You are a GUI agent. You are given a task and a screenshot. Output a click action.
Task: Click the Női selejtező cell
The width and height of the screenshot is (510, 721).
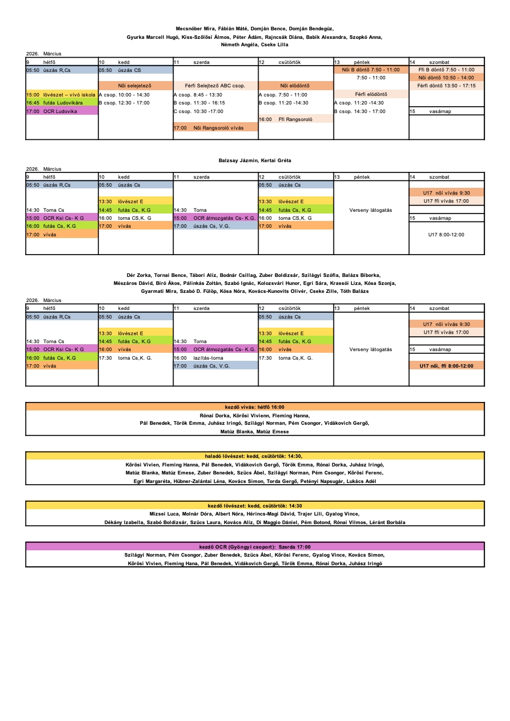pos(135,86)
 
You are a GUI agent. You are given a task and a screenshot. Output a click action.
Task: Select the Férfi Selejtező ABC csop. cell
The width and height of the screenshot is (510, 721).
pos(215,86)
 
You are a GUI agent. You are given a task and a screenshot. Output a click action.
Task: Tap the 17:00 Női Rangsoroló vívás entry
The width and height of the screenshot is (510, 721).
pos(215,128)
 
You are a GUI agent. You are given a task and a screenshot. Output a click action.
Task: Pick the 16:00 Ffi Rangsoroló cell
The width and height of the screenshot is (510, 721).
pos(295,119)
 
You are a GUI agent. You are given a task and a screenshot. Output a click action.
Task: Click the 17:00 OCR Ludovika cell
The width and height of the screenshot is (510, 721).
pos(62,111)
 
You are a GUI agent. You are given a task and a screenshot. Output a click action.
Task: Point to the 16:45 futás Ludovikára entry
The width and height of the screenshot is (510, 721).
pos(62,103)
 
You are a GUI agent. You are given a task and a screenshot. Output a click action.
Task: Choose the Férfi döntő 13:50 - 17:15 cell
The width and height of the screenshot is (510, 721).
pos(446,86)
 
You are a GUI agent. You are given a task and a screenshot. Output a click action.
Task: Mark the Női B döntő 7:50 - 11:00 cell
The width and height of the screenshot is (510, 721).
pos(371,70)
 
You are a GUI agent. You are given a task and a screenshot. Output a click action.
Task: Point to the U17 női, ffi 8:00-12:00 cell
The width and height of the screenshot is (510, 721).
pos(446,366)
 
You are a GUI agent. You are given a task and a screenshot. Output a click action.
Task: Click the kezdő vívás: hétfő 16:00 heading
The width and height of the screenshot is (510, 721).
pos(255,407)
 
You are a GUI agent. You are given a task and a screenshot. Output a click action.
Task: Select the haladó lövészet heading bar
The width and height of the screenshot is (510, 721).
pos(255,456)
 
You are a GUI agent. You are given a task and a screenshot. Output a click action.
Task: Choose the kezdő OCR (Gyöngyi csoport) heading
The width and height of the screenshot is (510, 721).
pos(255,546)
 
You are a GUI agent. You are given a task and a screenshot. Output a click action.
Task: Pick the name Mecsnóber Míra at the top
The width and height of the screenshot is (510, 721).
pos(195,28)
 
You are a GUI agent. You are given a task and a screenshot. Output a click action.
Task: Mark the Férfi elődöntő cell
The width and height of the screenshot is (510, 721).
pos(371,94)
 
